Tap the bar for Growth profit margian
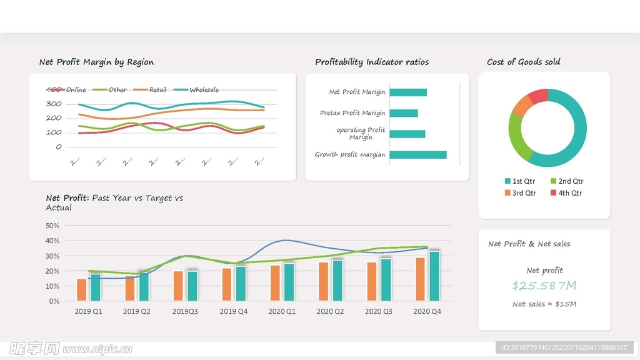click(x=418, y=155)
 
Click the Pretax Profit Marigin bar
click(x=404, y=113)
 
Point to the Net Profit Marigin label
click(x=357, y=92)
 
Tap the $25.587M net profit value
click(x=544, y=286)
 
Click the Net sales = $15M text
click(x=544, y=304)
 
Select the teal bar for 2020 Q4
click(x=434, y=276)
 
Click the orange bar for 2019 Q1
click(x=81, y=289)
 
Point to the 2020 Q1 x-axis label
click(x=282, y=311)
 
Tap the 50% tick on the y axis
click(x=53, y=226)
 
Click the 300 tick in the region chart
click(x=54, y=104)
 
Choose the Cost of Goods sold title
click(x=524, y=62)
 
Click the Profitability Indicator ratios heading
click(x=372, y=62)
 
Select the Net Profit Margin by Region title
click(x=96, y=62)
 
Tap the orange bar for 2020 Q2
click(x=323, y=281)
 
